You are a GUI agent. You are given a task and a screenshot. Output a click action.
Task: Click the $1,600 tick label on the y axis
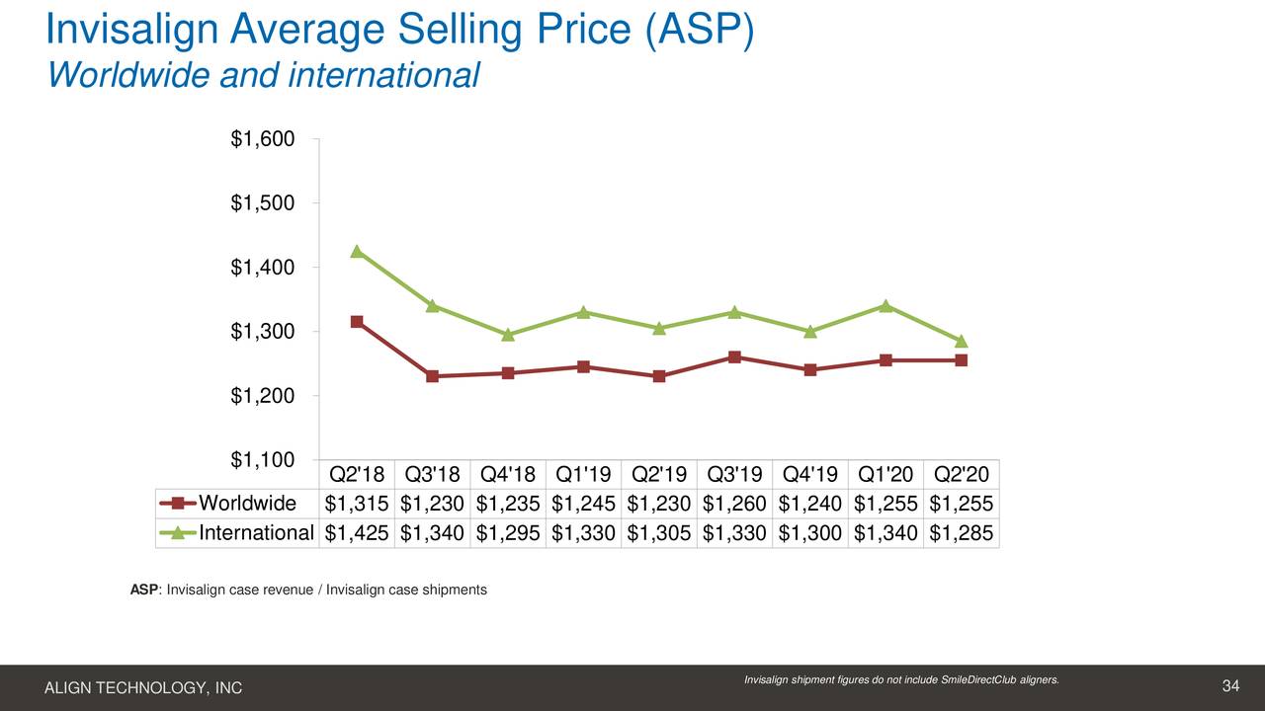coord(262,139)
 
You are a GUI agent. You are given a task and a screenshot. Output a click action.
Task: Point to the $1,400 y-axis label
coord(262,268)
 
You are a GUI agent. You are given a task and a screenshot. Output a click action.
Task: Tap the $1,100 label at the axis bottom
coord(262,459)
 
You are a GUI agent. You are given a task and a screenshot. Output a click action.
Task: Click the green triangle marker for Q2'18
coord(357,251)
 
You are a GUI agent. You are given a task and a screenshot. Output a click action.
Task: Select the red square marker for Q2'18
coord(357,322)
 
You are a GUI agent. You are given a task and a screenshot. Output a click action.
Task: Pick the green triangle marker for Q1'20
coord(885,305)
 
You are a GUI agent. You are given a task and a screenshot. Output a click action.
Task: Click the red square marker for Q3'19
coord(734,356)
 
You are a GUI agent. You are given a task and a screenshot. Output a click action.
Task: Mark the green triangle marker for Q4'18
coord(508,335)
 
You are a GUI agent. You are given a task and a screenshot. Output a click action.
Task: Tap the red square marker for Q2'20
coord(961,360)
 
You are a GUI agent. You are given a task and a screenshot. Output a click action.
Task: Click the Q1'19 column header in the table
coord(583,475)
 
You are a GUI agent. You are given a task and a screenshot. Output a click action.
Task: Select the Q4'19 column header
coord(809,475)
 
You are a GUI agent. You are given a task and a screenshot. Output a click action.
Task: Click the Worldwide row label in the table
coord(247,504)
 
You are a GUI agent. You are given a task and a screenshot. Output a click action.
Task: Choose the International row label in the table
coord(256,533)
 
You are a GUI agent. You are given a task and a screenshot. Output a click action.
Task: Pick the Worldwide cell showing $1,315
coord(357,504)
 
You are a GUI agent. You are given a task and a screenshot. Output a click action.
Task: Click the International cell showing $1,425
coord(357,533)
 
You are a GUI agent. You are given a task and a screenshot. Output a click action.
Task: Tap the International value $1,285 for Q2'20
coord(961,533)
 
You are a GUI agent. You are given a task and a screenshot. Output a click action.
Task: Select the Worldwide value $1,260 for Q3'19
coord(734,504)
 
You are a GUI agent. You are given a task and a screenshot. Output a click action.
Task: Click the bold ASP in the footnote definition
coord(143,590)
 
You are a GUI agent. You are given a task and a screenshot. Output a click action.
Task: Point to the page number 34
coord(1230,686)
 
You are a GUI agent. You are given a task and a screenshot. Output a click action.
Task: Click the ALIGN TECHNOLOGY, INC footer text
coord(143,688)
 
